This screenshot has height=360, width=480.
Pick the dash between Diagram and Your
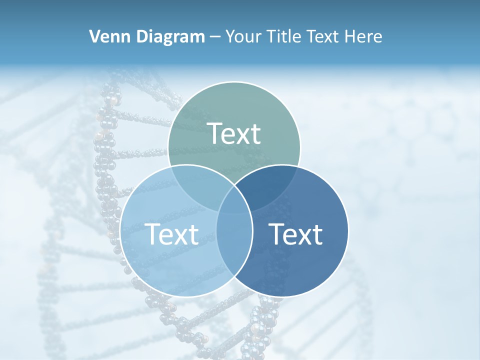pyautogui.click(x=215, y=37)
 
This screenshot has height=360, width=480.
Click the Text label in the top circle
pyautogui.click(x=234, y=133)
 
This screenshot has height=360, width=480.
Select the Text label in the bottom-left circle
pyautogui.click(x=171, y=233)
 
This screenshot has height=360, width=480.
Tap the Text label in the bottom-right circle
pyautogui.click(x=296, y=233)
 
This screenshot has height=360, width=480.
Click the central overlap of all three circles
pyautogui.click(x=234, y=200)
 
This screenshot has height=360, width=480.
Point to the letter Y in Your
pyautogui.click(x=230, y=36)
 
